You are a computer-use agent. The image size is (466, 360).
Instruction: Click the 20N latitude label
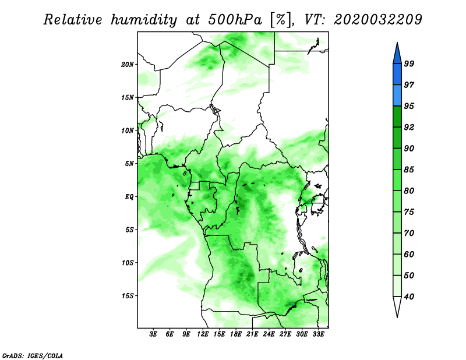coord(128,64)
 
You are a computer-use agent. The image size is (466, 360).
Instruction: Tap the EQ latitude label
coord(129,196)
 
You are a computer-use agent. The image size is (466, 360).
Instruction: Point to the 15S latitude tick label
coord(128,296)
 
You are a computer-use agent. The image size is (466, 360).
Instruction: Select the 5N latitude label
coord(129,164)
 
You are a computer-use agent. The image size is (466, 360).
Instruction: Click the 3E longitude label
coord(153,334)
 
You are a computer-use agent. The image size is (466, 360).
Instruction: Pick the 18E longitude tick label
coord(236,334)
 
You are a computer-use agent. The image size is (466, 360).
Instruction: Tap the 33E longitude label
coord(318,334)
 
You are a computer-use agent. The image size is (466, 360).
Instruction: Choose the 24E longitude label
coord(269,334)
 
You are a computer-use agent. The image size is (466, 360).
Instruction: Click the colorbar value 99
coord(409,63)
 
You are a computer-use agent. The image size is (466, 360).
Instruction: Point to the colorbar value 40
coord(409,297)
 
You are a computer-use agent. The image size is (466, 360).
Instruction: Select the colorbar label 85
coord(409,170)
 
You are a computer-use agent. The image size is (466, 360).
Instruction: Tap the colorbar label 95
coord(409,106)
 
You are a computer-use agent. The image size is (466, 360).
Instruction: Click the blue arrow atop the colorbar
coord(397,54)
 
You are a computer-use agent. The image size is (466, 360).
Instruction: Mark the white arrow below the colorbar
coord(397,306)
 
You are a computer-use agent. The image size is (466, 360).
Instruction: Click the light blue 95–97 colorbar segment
coord(397,96)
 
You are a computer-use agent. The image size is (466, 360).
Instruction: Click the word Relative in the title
coord(73,20)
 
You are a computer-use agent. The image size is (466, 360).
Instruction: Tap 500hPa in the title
coord(235,20)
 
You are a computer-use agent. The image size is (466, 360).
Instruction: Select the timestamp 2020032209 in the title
coord(377,20)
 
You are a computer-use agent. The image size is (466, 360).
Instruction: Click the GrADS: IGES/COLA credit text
coord(33,355)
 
